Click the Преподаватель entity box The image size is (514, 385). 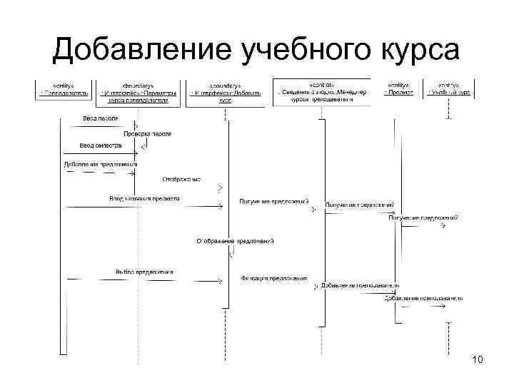coord(64,89)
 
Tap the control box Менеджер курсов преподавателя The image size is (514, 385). coord(322,91)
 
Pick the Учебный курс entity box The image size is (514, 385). coord(450,89)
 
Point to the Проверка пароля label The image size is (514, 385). coord(148,133)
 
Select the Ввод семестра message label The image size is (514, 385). coord(101,145)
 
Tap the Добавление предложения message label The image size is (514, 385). coord(100,165)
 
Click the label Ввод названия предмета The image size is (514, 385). coord(144,198)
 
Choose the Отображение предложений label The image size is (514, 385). coord(235,242)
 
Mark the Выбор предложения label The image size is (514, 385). coord(144,272)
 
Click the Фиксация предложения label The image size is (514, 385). coord(273,278)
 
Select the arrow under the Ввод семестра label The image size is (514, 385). coord(100,152)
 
